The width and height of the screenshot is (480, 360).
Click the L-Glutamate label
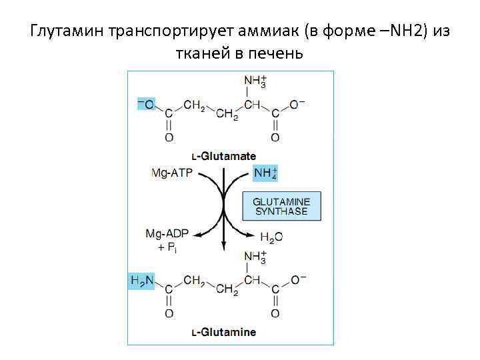[223, 156]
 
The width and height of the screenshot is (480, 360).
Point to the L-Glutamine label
[223, 331]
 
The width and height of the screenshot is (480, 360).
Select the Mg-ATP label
[170, 173]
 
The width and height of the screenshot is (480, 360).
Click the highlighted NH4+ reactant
[265, 173]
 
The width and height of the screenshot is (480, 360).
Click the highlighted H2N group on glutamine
[141, 282]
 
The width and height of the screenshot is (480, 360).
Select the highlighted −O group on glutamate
[145, 105]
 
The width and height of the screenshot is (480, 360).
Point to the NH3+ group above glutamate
[255, 81]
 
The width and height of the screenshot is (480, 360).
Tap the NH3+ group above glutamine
[255, 257]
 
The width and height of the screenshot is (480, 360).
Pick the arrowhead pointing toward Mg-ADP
[195, 235]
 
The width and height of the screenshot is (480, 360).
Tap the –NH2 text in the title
[393, 31]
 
